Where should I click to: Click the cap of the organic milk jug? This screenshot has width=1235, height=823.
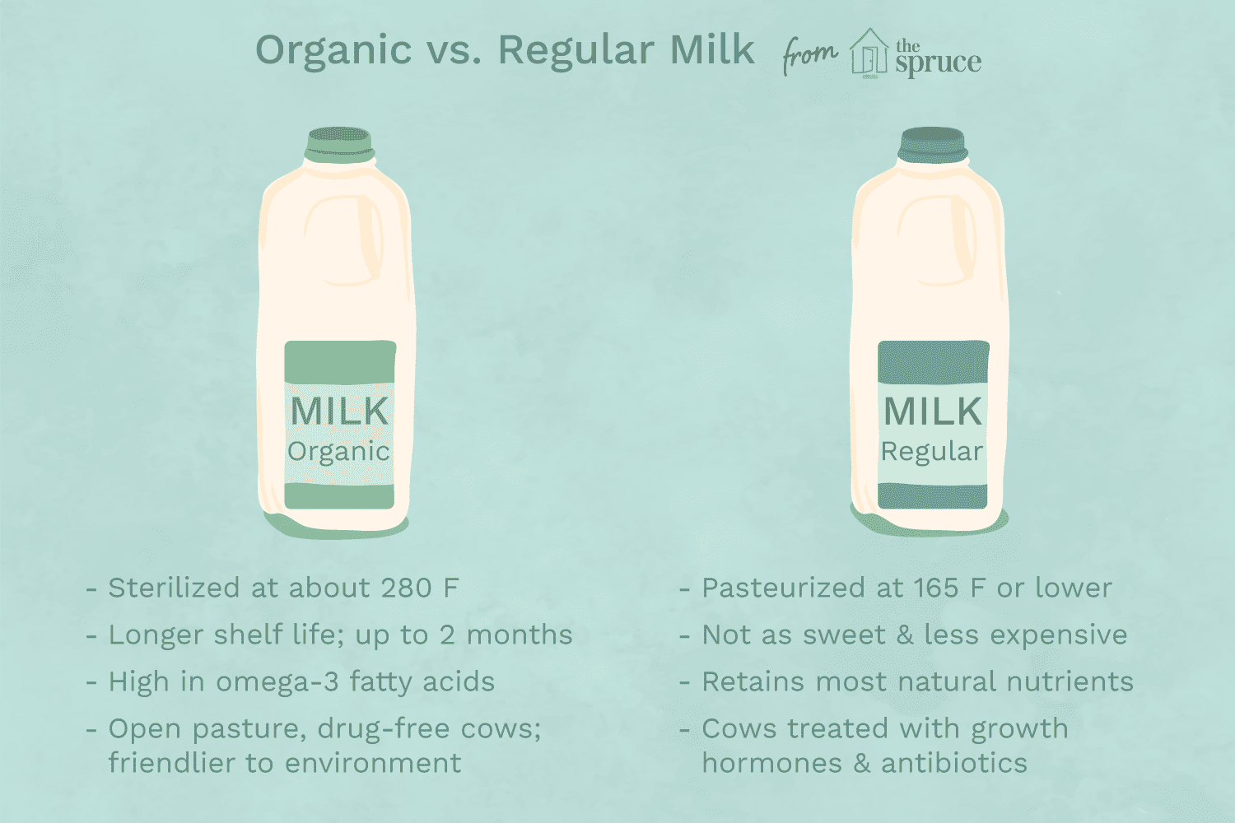[339, 144]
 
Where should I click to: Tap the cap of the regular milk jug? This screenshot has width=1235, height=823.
[932, 144]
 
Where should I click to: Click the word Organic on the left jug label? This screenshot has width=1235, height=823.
[338, 452]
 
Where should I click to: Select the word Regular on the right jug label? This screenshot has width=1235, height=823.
[932, 452]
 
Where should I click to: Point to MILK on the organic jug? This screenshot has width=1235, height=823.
[339, 411]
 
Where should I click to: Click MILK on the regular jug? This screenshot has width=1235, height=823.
[933, 411]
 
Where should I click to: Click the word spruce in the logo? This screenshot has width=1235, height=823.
[939, 63]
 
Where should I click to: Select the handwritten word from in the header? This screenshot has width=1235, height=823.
[809, 56]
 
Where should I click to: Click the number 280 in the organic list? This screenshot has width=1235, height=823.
[406, 588]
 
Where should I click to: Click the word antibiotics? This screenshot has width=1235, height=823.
[954, 763]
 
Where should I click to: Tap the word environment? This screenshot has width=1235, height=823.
[370, 763]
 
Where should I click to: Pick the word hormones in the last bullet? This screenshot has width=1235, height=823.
[772, 763]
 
